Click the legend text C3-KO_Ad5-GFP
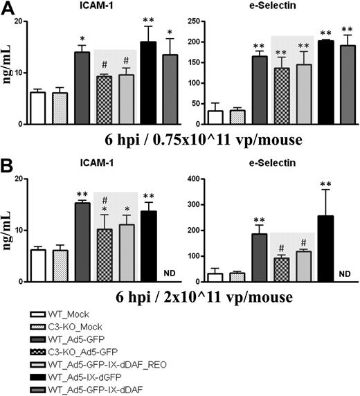click(x=74, y=351)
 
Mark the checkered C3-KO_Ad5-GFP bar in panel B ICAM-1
click(x=103, y=256)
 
